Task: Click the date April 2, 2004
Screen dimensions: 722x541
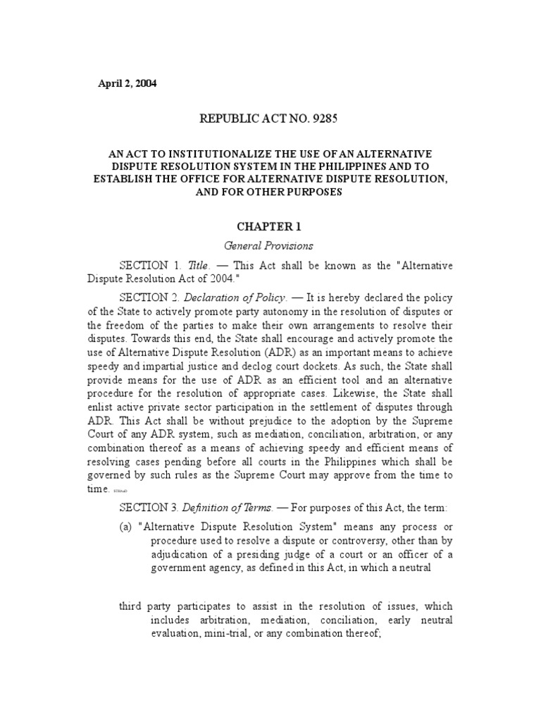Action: [x=127, y=83]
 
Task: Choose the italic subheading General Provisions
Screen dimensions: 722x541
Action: [x=268, y=246]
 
